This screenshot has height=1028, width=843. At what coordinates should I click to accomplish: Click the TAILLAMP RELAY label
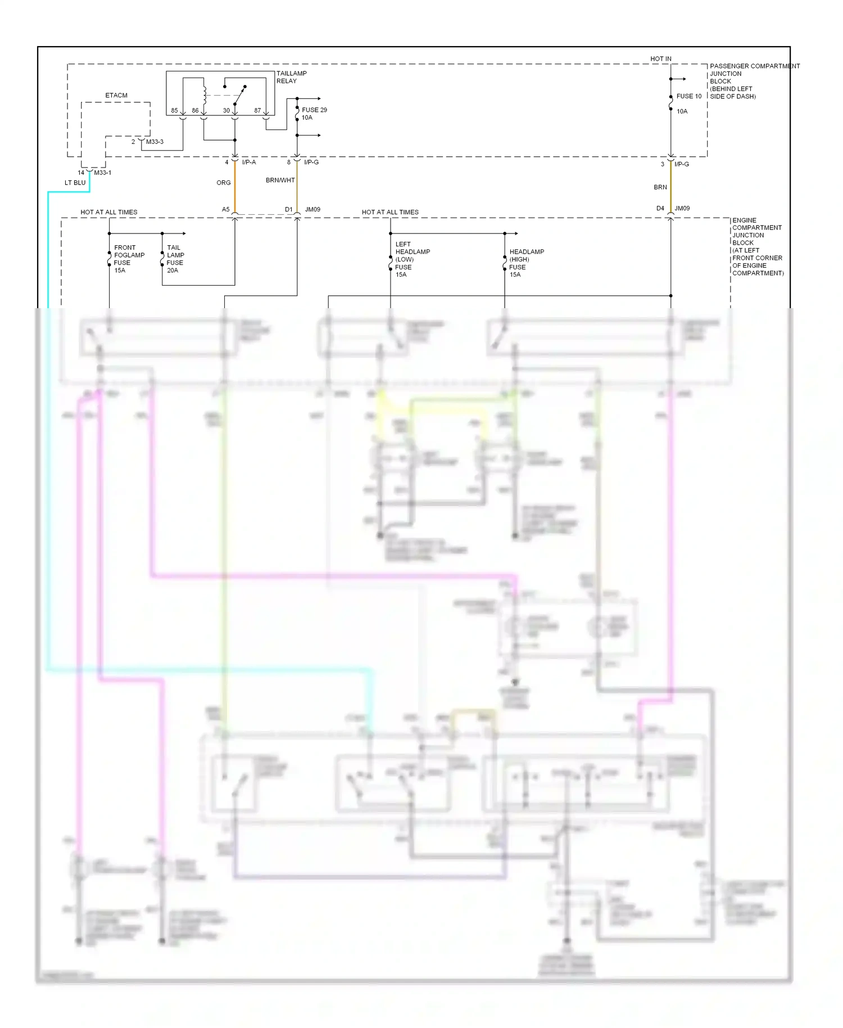pos(291,77)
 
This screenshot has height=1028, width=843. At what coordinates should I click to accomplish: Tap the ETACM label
pos(116,96)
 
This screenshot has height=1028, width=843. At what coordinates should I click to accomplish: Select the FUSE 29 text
pos(314,110)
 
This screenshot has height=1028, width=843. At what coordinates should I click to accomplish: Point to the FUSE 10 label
pos(688,96)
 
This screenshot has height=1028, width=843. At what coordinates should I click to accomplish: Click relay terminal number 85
pos(174,111)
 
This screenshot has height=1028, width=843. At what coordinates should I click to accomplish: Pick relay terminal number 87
pos(257,111)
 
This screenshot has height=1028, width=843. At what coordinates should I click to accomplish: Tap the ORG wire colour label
pos(224,183)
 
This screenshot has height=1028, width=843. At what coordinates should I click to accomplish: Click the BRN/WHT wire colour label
pos(280,181)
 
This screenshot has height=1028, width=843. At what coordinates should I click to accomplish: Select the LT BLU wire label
pos(75,183)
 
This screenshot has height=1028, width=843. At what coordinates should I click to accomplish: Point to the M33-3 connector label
pos(155,142)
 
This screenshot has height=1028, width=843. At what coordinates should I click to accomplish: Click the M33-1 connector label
pos(102,173)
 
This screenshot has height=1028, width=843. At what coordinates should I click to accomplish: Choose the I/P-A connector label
pos(248,163)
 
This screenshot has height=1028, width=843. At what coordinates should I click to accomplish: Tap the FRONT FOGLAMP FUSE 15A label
pos(129,259)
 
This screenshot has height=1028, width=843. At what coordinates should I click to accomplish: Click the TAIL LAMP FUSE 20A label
pos(175,259)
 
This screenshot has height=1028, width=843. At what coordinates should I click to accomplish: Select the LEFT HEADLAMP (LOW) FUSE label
pos(412,259)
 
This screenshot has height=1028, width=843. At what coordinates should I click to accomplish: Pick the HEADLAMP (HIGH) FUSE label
pos(526,263)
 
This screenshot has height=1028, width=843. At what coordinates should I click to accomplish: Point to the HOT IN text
pos(660,59)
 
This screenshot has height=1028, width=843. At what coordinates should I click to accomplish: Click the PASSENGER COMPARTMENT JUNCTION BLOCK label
pos(753,81)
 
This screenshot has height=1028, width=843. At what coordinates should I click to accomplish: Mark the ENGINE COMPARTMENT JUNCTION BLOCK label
pos(757,246)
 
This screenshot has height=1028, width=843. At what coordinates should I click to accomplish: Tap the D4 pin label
pos(660,209)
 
